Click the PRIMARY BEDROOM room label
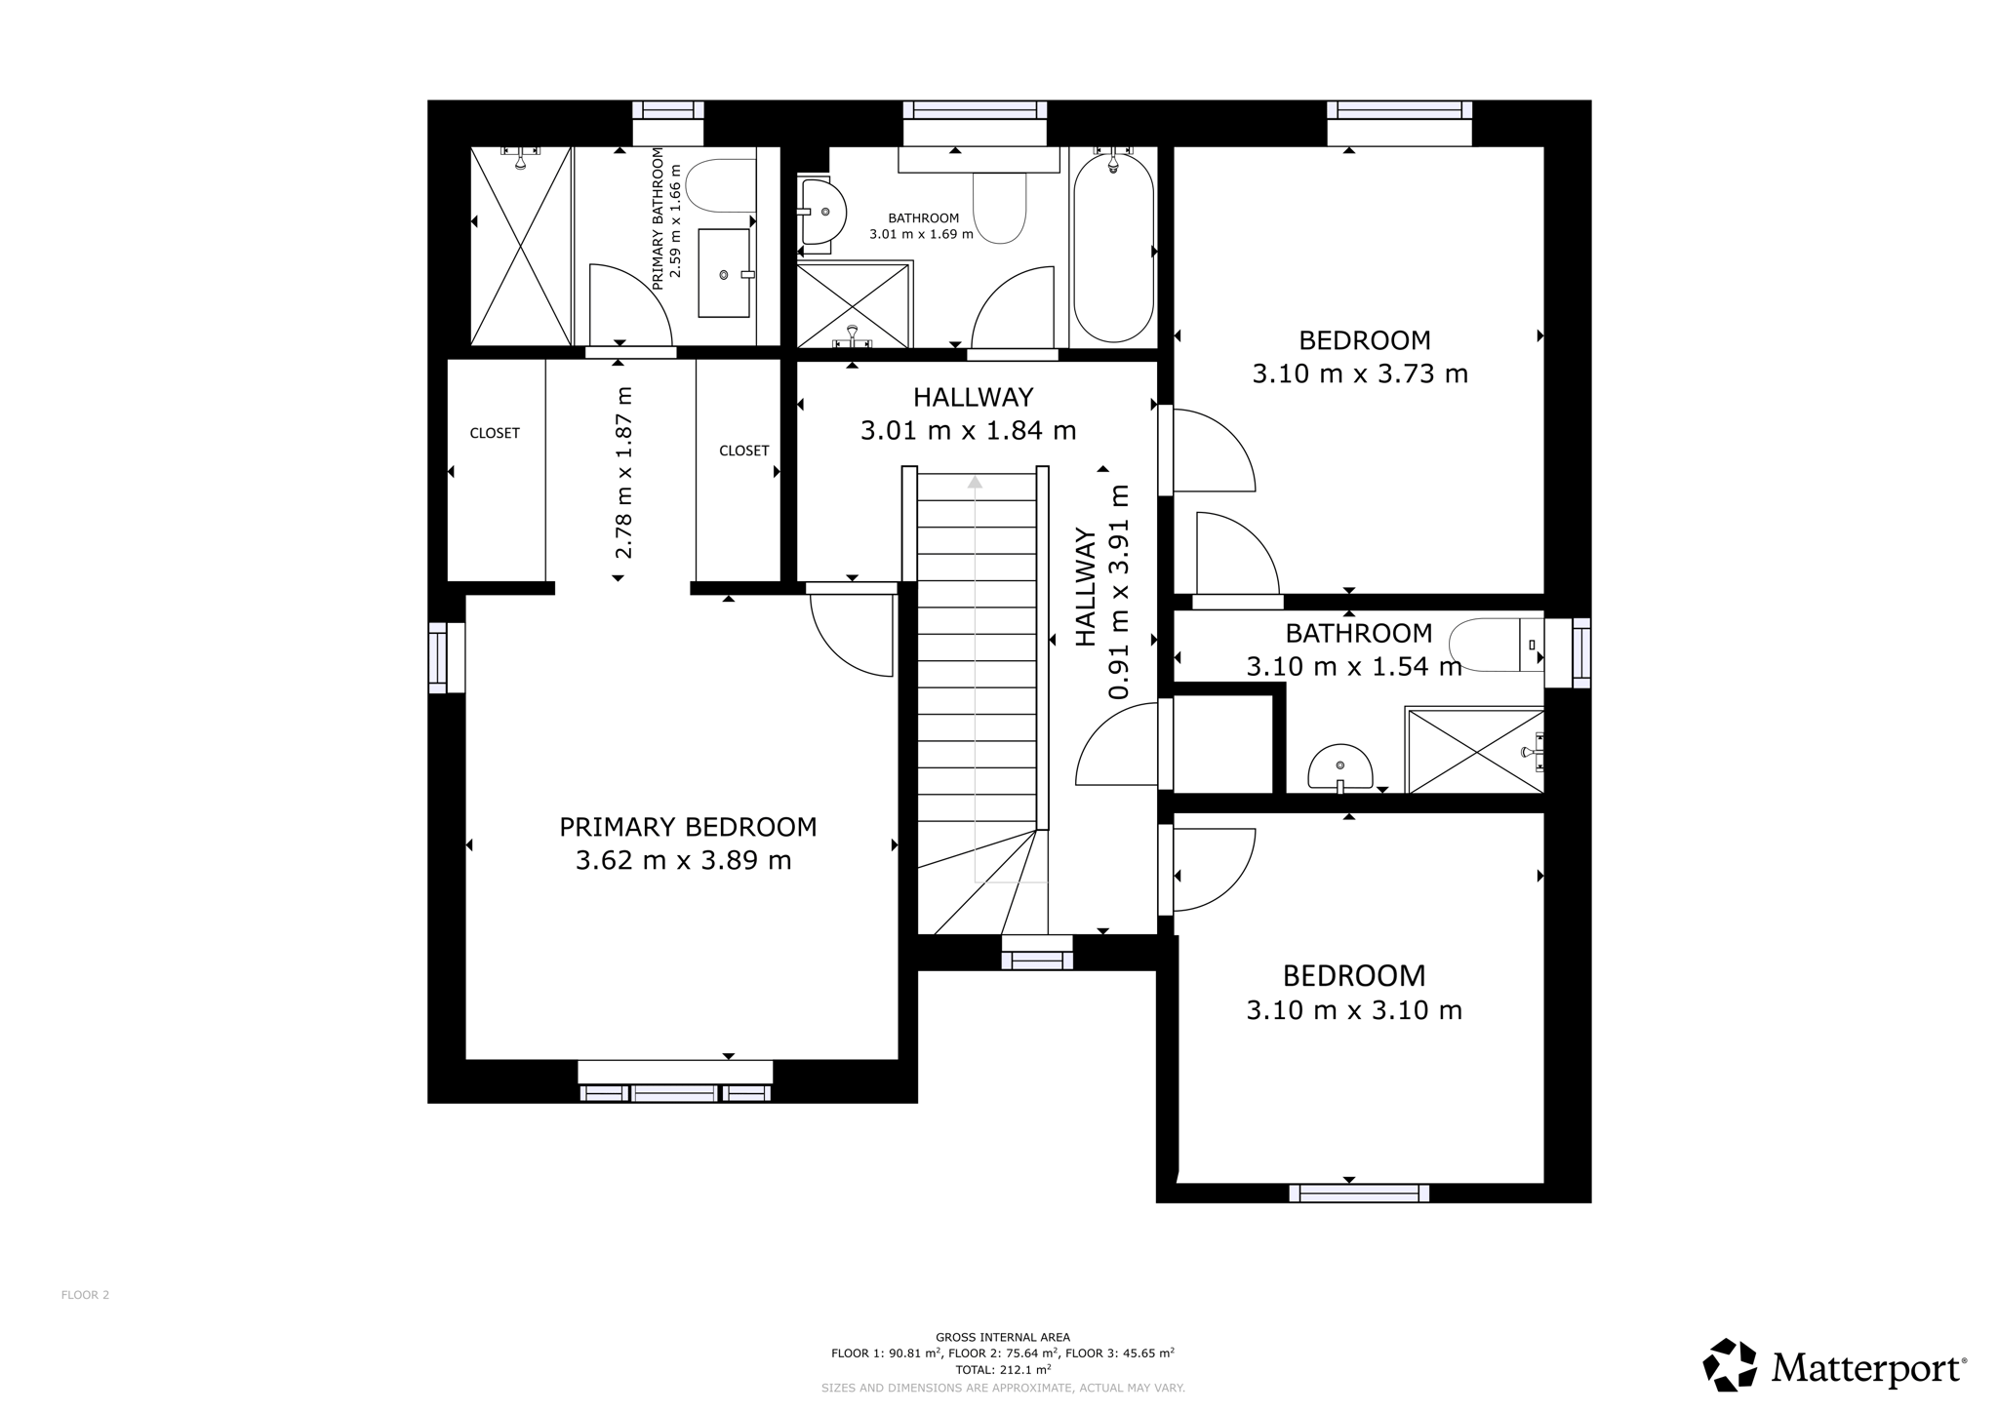pyautogui.click(x=688, y=827)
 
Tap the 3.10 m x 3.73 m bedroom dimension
pyautogui.click(x=1360, y=373)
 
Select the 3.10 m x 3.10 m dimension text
pyautogui.click(x=1354, y=1010)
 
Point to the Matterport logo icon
pyautogui.click(x=1730, y=1364)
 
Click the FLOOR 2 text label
pyautogui.click(x=86, y=1295)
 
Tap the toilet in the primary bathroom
pyautogui.click(x=721, y=186)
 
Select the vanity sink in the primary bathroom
pyautogui.click(x=726, y=274)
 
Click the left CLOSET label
pyautogui.click(x=495, y=433)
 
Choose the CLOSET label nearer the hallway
pyautogui.click(x=744, y=451)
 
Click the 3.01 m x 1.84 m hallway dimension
pyautogui.click(x=968, y=430)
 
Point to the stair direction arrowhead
pyautogui.click(x=975, y=482)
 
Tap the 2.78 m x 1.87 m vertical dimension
pyautogui.click(x=623, y=473)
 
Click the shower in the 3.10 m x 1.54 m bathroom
pyautogui.click(x=1474, y=750)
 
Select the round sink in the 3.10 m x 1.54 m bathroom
pyautogui.click(x=1340, y=767)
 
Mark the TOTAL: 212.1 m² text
pyautogui.click(x=1003, y=1369)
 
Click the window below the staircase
pyautogui.click(x=1037, y=953)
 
